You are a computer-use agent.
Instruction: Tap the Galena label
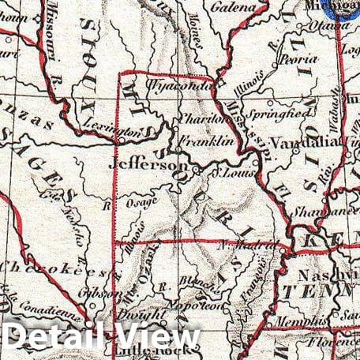234,7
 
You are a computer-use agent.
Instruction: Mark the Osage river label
141,203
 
